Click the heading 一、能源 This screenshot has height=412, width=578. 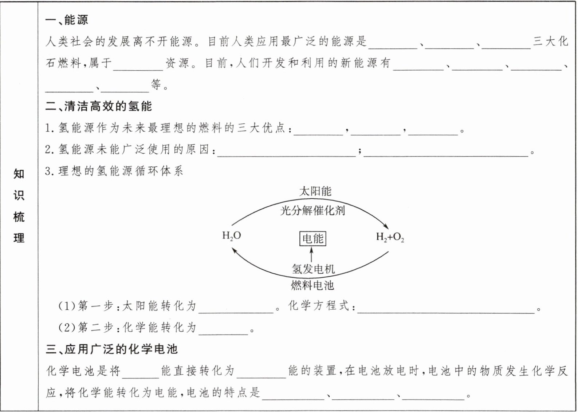[x=67, y=20]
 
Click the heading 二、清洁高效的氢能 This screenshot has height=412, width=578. [x=98, y=106]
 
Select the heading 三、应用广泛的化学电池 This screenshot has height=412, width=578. [x=111, y=349]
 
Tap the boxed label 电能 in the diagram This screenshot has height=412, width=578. [x=312, y=239]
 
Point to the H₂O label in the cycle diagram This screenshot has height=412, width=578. [x=232, y=236]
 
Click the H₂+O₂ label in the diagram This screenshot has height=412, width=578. [x=390, y=238]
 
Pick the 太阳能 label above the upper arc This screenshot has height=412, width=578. [x=315, y=191]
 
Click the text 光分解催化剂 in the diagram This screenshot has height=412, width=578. [x=312, y=210]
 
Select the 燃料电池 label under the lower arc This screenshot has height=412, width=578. [x=312, y=285]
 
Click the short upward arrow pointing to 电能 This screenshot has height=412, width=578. [x=311, y=254]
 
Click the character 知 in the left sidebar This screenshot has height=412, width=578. [x=19, y=174]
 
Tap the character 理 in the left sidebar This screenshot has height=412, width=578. [x=19, y=238]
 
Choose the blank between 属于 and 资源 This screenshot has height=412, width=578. [x=138, y=66]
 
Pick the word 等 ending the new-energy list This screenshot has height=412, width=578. [x=156, y=85]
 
